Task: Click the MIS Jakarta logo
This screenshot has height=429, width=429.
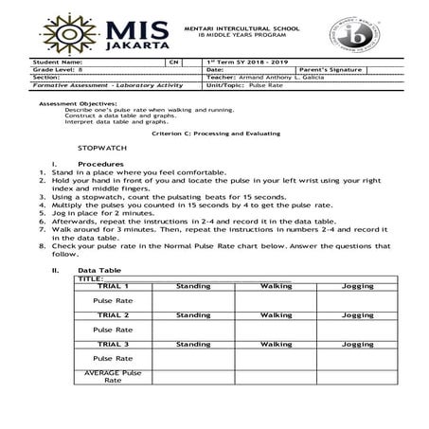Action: [99, 31]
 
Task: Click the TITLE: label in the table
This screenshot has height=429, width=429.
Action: [89, 278]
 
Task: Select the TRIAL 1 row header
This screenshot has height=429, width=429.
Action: [113, 286]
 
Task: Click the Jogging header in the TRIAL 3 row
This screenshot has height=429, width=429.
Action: [358, 344]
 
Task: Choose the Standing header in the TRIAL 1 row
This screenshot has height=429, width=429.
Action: [193, 286]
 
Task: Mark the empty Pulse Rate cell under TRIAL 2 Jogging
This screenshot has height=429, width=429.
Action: [358, 330]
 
